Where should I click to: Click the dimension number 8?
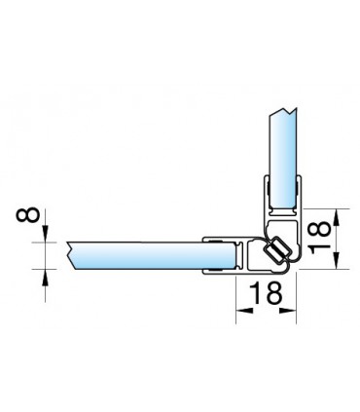pos(28,215)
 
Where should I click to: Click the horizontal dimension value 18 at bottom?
pos(267,293)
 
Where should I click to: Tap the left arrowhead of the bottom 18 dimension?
pos(244,311)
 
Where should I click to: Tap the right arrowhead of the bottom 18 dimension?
pos(288,311)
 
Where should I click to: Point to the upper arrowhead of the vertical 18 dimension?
pos(338,217)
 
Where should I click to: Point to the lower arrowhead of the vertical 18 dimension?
pos(338,260)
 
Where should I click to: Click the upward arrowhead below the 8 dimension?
pos(45,278)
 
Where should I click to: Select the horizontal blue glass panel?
pos(152,255)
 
